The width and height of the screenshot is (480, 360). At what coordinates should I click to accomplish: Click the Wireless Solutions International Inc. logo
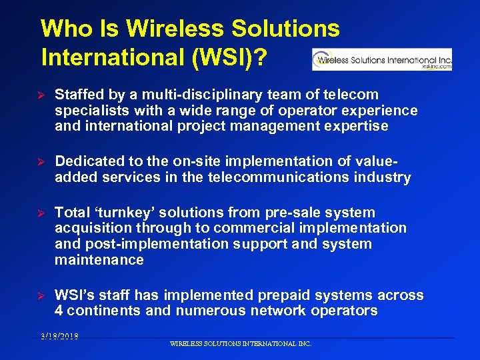pyautogui.click(x=382, y=59)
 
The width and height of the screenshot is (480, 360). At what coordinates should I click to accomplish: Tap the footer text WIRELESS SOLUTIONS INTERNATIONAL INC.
pyautogui.click(x=241, y=344)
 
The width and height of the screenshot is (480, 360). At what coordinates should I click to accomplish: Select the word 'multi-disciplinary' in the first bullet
pyautogui.click(x=203, y=95)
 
